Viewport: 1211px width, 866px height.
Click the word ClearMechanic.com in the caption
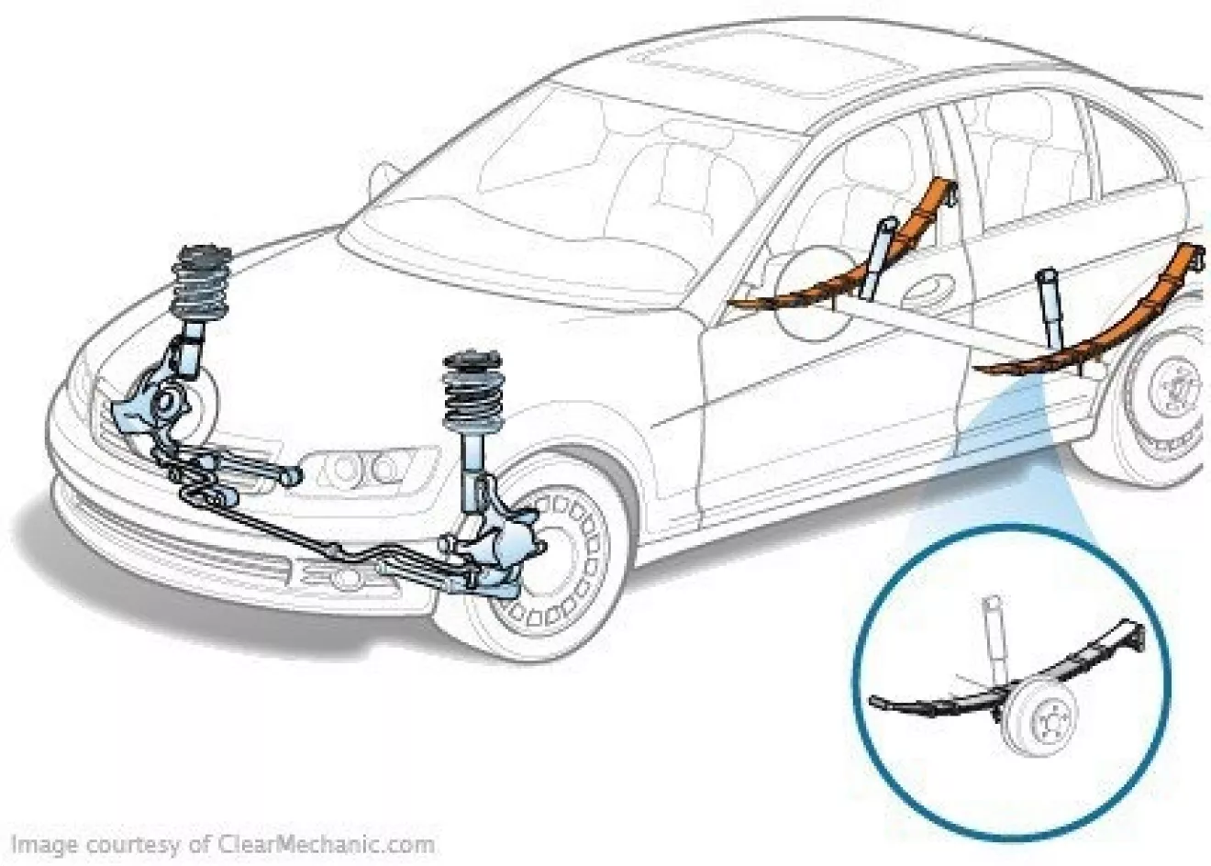pyautogui.click(x=327, y=844)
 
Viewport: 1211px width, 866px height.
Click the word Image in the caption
pyautogui.click(x=44, y=845)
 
